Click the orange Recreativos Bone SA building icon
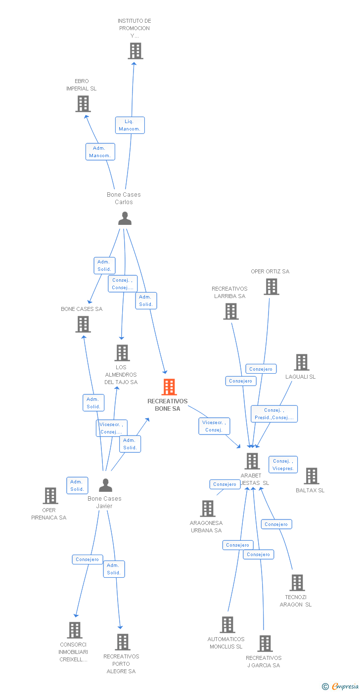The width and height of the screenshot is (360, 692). click(169, 387)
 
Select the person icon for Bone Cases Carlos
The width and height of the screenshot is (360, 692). click(125, 218)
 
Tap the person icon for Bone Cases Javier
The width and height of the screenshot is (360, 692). click(105, 485)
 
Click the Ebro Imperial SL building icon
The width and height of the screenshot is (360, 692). click(83, 104)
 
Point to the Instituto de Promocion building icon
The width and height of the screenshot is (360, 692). click(135, 51)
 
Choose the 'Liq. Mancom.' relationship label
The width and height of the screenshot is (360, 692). click(130, 125)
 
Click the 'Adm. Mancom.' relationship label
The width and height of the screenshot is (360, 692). click(100, 152)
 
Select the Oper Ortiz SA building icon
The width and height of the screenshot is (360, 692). click(271, 287)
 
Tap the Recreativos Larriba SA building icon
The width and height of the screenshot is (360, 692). click(230, 311)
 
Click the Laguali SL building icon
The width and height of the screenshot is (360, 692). click(301, 362)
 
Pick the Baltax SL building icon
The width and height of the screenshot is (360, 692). click(311, 476)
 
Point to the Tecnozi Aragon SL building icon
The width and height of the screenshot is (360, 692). click(297, 583)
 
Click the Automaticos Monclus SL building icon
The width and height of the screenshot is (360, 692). click(227, 625)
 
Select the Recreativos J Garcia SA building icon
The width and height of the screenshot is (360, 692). click(265, 644)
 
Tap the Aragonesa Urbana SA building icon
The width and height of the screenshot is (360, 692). click(207, 509)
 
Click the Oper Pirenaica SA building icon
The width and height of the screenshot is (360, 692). click(50, 496)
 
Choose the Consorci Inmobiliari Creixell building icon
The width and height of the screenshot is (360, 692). click(75, 630)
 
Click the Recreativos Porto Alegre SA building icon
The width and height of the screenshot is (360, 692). click(122, 642)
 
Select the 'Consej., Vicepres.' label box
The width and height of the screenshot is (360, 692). click(283, 465)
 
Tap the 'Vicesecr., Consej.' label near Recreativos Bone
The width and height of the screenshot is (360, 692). click(214, 426)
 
